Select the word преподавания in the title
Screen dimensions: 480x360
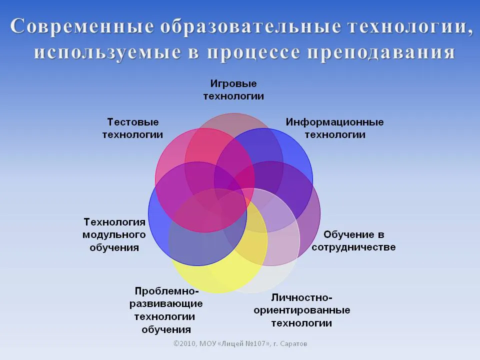click(x=381, y=52)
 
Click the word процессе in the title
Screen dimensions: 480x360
click(x=253, y=52)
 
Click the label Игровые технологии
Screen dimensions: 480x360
click(x=233, y=89)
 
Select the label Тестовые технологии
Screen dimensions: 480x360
click(x=132, y=128)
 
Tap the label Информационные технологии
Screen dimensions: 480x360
click(x=335, y=128)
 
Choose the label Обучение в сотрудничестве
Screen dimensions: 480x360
click(x=353, y=240)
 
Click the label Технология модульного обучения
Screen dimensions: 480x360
click(x=114, y=234)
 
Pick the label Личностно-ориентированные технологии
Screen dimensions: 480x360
click(x=302, y=310)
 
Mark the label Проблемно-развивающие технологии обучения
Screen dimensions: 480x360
click(x=166, y=310)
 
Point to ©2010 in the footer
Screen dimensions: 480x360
click(x=185, y=344)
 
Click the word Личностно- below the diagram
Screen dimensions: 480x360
click(x=302, y=297)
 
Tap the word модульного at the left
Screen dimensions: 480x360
click(x=114, y=235)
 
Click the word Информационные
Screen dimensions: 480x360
click(x=335, y=122)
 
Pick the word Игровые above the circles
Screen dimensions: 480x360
click(x=233, y=83)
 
